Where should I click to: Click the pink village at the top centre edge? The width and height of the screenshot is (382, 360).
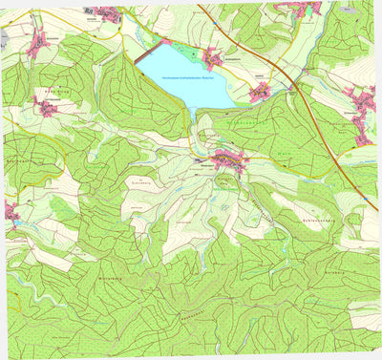[x=108, y=13]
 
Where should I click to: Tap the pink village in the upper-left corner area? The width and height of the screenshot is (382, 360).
[x=39, y=43]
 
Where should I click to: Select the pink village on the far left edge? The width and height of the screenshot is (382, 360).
[x=11, y=211]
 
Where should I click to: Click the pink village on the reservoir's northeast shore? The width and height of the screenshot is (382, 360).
[x=212, y=60]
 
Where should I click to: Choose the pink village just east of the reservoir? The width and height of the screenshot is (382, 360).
[x=260, y=93]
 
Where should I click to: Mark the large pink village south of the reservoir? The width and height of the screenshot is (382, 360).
[x=229, y=159]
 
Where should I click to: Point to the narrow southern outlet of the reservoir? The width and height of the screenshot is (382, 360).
[x=195, y=114]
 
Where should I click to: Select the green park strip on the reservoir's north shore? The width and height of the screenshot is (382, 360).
[x=163, y=42]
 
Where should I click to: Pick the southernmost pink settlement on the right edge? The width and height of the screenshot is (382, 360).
[x=363, y=138]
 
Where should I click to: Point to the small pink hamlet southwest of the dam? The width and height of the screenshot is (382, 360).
[x=45, y=108]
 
